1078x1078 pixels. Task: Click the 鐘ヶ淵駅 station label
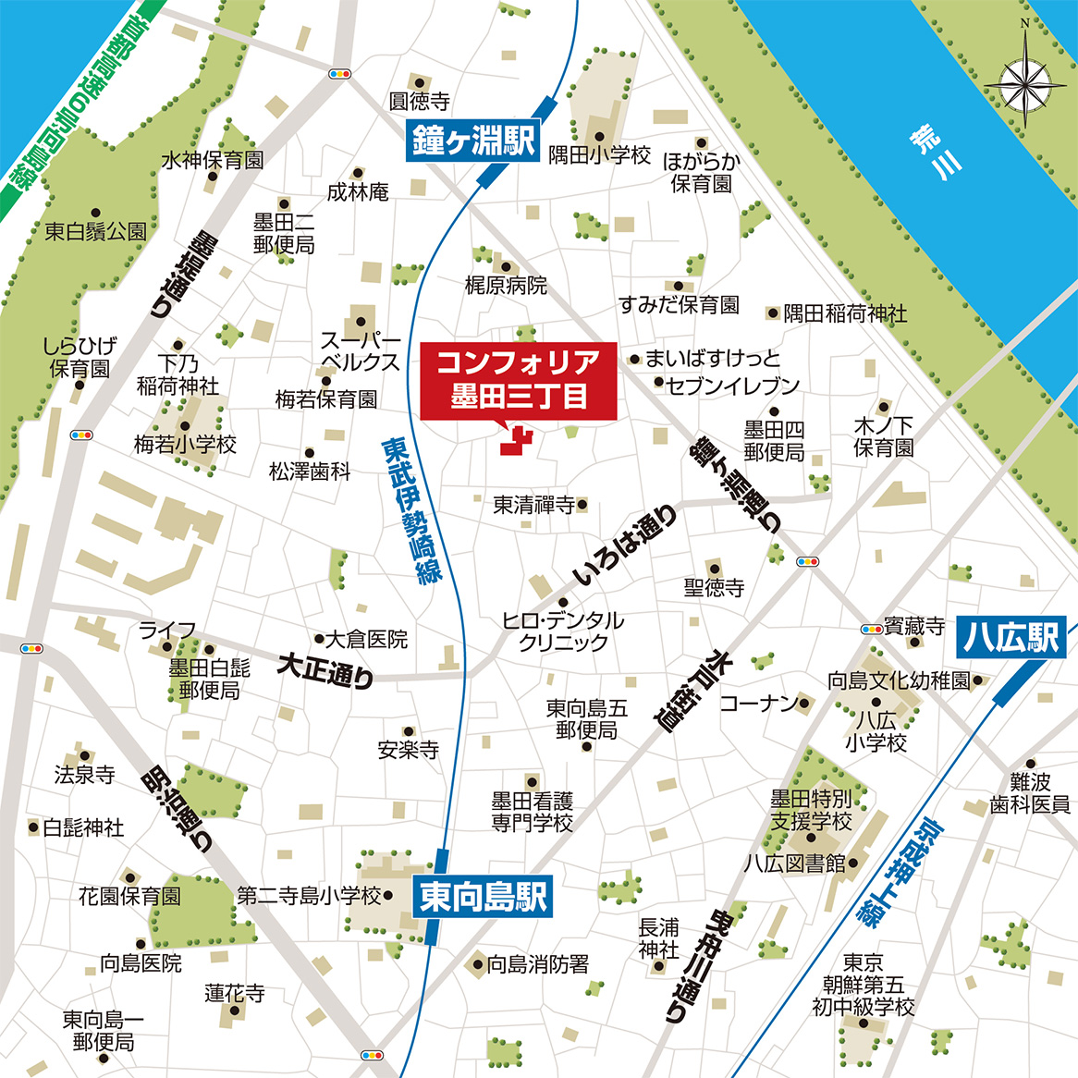pos(472,141)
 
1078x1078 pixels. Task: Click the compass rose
pos(1024,83)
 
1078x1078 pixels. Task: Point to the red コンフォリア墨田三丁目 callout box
pos(518,381)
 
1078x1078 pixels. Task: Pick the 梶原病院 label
pos(506,286)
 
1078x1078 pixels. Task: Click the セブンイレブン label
pos(732,386)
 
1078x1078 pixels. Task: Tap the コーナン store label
pos(758,704)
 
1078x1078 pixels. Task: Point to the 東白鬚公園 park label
pos(95,231)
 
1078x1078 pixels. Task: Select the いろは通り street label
pos(624,545)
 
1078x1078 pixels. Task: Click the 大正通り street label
pos(326,670)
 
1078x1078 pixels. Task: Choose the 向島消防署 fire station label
pos(537,964)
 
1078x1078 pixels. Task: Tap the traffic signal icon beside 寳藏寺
pos(870,629)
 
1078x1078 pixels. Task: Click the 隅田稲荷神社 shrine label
pos(845,314)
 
